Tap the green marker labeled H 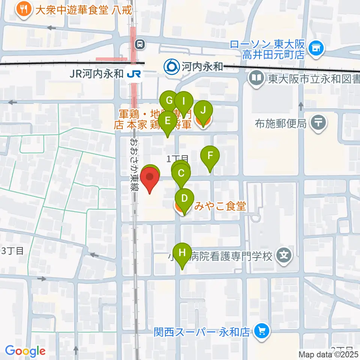[182, 252]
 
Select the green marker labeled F [210, 155]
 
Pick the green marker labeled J [203, 111]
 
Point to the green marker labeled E [167, 121]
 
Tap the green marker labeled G [169, 100]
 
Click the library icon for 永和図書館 [256, 79]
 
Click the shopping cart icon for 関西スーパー [261, 331]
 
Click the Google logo [25, 351]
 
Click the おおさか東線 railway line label [133, 165]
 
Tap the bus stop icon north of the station [139, 44]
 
